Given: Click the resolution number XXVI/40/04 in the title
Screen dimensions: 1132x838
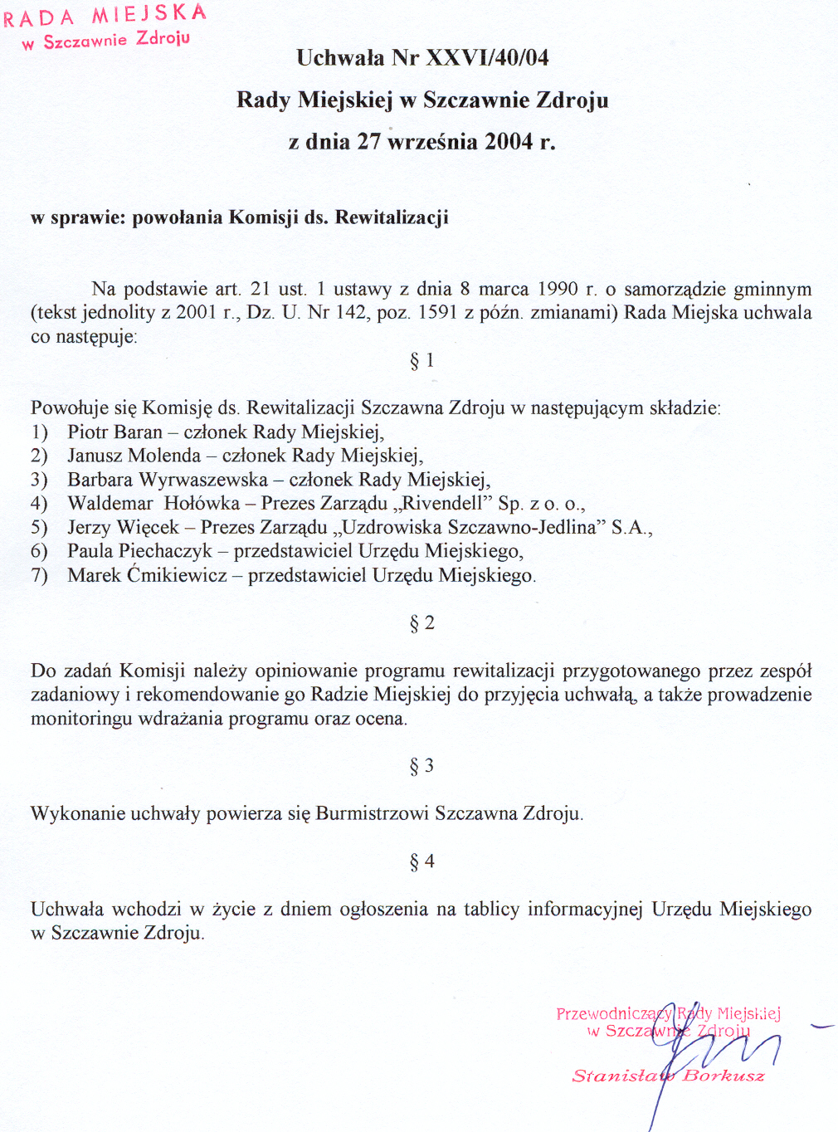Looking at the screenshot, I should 487,57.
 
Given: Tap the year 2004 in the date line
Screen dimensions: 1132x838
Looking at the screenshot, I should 509,141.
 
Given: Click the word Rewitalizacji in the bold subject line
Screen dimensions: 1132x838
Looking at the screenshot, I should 392,217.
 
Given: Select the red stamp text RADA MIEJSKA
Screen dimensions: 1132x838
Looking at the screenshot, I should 105,15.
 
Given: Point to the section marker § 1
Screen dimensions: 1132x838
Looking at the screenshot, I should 421,360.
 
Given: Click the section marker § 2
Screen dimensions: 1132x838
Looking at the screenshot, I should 421,622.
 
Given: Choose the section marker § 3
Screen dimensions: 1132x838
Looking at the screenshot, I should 421,765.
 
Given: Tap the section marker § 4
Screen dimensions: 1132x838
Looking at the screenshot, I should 421,861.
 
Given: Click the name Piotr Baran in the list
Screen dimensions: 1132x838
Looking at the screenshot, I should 114,432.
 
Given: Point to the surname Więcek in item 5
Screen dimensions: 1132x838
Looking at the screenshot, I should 148,527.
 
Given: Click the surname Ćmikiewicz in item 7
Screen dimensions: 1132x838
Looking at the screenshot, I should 177,575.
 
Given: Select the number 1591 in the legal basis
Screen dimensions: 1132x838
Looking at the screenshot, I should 437,313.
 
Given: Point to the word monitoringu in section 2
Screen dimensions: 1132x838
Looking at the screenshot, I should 81,719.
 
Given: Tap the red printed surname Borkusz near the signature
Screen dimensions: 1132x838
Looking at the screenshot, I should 723,1076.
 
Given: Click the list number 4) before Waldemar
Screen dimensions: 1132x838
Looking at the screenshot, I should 39,503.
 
